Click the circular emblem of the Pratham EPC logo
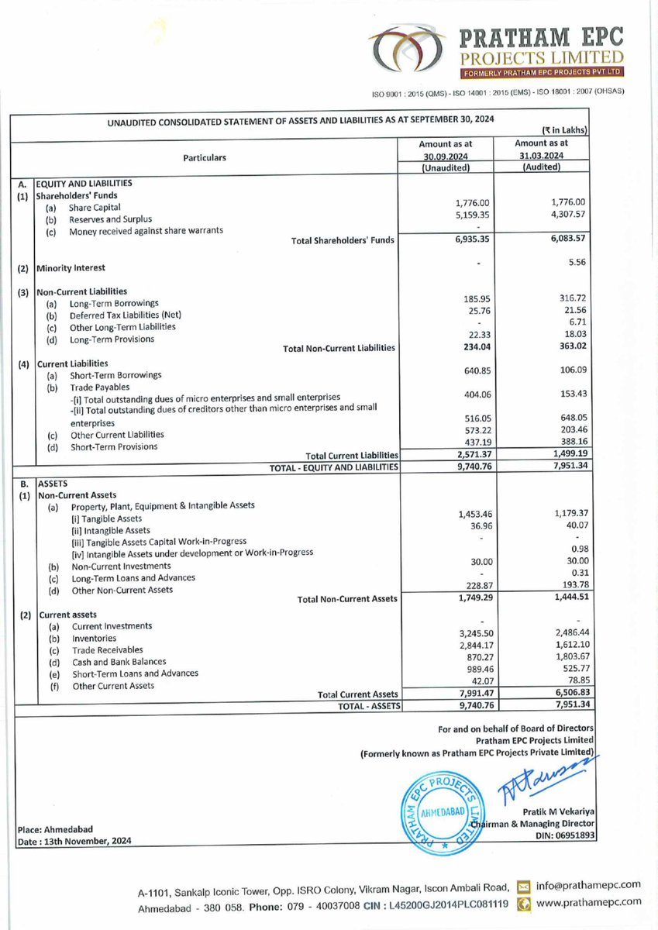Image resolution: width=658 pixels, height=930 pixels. [402, 52]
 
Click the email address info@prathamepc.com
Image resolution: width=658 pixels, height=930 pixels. [588, 885]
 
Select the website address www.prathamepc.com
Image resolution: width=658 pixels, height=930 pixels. [588, 902]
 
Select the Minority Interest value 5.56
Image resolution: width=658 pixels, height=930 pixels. [574, 263]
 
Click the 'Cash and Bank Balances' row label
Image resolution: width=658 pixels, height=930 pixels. [119, 662]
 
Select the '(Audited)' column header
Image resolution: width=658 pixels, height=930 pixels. [542, 167]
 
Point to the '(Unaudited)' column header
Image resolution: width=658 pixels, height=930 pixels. [445, 167]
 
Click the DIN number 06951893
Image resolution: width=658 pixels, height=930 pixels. [568, 835]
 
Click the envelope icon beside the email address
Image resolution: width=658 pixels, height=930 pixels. [524, 886]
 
